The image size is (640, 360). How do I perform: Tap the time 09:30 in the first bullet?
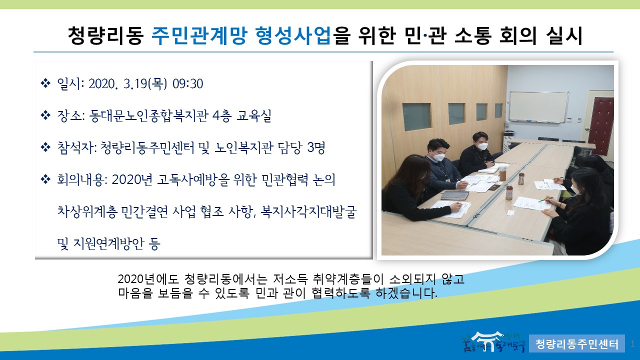click(187, 84)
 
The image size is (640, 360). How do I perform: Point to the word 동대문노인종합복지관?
click(149, 116)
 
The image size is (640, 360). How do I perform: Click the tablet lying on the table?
click(451, 196)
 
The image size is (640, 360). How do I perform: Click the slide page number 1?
click(633, 343)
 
